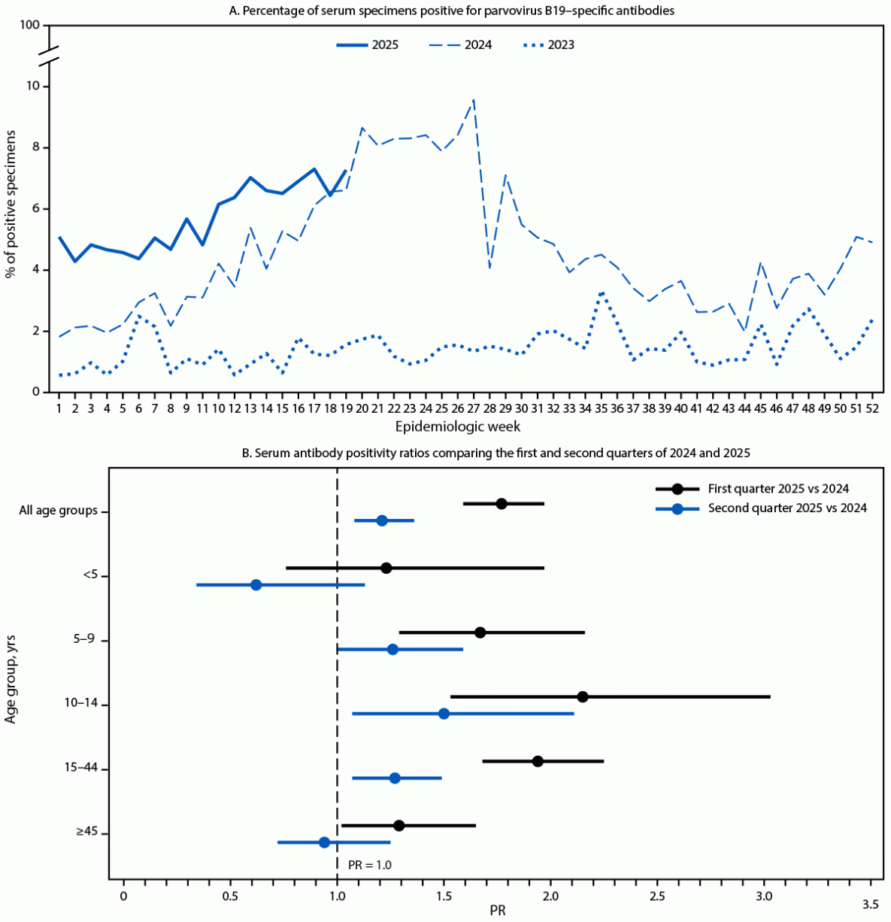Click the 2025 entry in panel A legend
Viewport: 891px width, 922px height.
point(368,45)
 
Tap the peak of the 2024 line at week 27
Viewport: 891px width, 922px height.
point(474,99)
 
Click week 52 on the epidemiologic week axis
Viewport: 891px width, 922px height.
point(872,407)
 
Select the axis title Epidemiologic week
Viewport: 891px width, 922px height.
point(458,426)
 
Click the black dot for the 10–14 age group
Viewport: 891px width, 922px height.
point(583,697)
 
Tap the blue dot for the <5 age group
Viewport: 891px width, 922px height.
point(256,585)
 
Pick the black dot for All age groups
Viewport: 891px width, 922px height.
point(502,504)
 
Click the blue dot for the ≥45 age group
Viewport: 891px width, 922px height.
point(324,842)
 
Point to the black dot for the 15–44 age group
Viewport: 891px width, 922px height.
point(538,761)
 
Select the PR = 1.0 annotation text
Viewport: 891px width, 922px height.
point(369,866)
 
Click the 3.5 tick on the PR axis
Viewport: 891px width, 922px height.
point(870,903)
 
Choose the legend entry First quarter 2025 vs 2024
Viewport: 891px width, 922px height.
point(778,489)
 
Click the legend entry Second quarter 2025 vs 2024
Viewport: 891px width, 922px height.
point(786,508)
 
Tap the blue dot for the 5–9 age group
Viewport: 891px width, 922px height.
point(392,649)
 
